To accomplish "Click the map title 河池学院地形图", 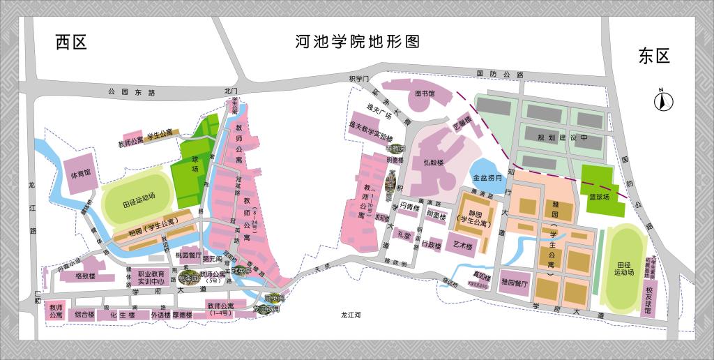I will (x=357, y=41).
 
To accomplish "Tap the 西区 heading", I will (x=71, y=43).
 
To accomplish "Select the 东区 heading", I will (x=653, y=57).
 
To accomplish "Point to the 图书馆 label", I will (x=425, y=93).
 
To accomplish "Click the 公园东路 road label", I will (x=132, y=91).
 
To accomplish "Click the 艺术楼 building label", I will (x=463, y=246).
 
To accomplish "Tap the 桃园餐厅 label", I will (x=188, y=255).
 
